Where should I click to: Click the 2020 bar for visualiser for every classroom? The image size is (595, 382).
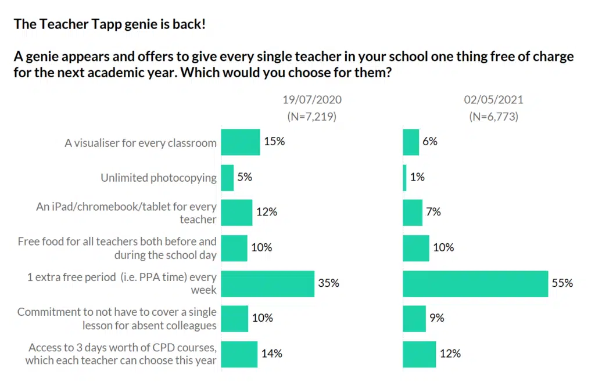pyautogui.click(x=241, y=142)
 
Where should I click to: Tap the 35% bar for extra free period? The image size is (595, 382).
pyautogui.click(x=268, y=283)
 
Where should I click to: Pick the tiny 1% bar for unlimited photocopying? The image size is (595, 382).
pyautogui.click(x=405, y=178)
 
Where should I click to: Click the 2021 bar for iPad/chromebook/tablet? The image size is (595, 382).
pyautogui.click(x=413, y=212)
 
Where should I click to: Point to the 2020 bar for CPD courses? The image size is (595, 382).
pyautogui.click(x=239, y=354)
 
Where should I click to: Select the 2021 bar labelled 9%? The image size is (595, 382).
pyautogui.click(x=414, y=318)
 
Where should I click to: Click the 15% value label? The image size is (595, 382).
pyautogui.click(x=274, y=142)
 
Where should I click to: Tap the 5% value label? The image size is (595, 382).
pyautogui.click(x=245, y=178)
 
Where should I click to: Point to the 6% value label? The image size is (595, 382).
pyautogui.click(x=431, y=142)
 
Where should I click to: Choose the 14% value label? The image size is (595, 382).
pyautogui.click(x=271, y=354)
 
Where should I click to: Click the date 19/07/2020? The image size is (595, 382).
pyautogui.click(x=312, y=100)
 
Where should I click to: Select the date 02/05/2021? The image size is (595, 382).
pyautogui.click(x=493, y=100)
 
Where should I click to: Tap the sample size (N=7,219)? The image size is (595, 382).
pyautogui.click(x=312, y=116)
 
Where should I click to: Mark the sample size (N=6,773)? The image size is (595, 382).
pyautogui.click(x=493, y=116)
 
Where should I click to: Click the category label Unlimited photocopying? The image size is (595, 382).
pyautogui.click(x=158, y=178)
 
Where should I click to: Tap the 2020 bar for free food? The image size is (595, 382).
pyautogui.click(x=234, y=248)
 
